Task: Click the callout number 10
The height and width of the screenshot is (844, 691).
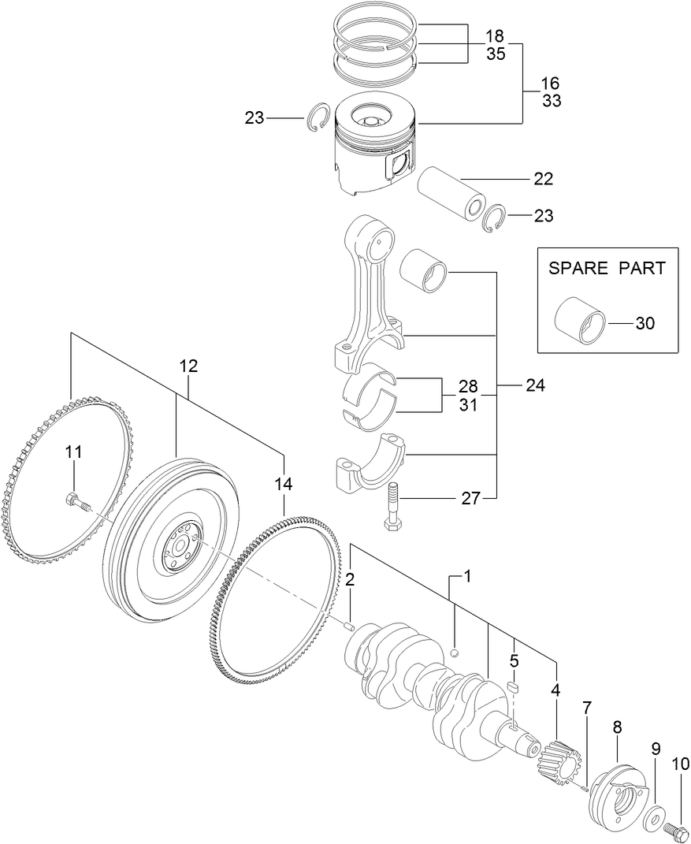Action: coord(680,764)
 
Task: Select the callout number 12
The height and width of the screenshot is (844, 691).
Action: coord(188,366)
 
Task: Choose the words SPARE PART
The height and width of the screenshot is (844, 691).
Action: coord(607,268)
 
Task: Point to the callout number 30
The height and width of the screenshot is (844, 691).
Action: coord(644,323)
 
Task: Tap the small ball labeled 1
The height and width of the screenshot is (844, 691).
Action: coord(455,653)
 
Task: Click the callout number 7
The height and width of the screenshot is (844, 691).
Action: coord(585,707)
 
